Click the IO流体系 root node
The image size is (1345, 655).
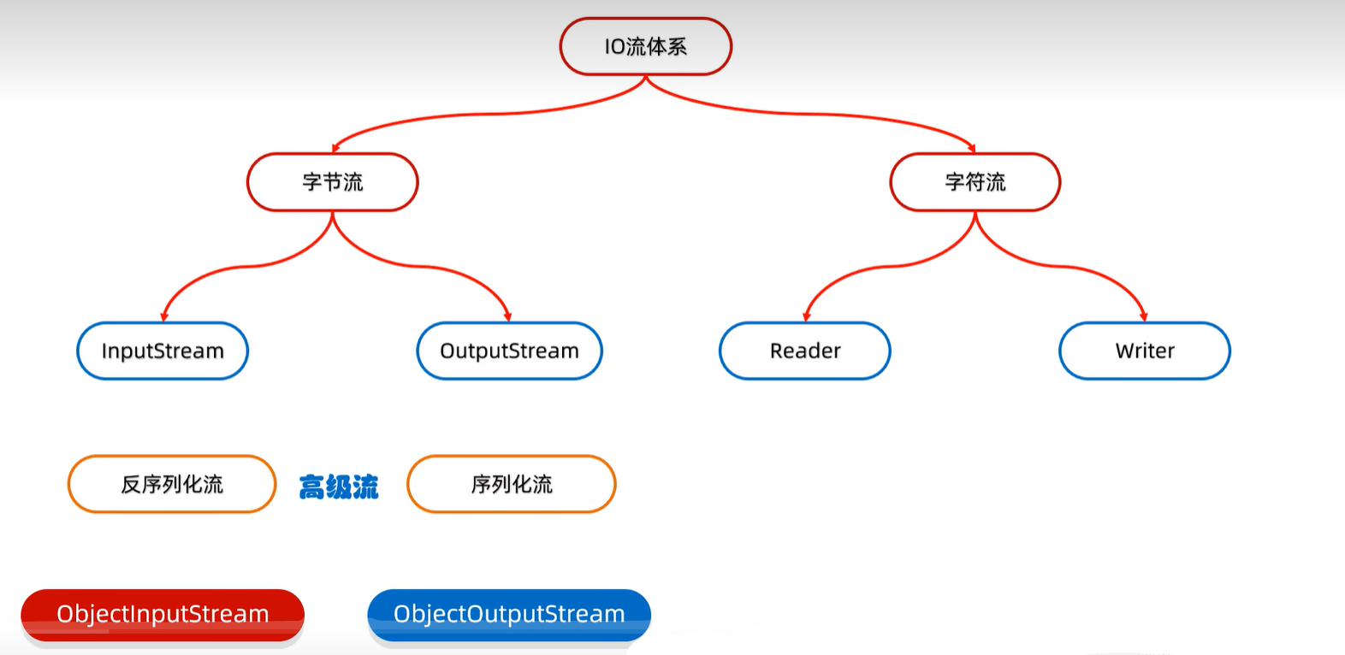[646, 47]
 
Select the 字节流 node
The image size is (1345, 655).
[333, 182]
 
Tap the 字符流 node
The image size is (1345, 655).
[975, 182]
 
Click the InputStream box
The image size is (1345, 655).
[163, 351]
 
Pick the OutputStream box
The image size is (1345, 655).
[509, 351]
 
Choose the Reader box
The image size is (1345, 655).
[805, 351]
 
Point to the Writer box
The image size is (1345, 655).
[1145, 351]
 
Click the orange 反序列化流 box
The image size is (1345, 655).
[172, 484]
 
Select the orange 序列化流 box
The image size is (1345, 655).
[512, 484]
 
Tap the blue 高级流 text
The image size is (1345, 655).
[339, 487]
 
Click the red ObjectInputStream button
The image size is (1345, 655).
[163, 614]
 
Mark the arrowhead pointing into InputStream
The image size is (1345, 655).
[163, 316]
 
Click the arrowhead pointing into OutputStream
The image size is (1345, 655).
[508, 316]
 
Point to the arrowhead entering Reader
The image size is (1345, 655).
[806, 316]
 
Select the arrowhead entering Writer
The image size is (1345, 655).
[1144, 316]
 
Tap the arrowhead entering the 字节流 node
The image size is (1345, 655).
[335, 148]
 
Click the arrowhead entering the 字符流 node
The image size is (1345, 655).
[972, 148]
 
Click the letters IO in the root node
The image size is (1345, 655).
[614, 47]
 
